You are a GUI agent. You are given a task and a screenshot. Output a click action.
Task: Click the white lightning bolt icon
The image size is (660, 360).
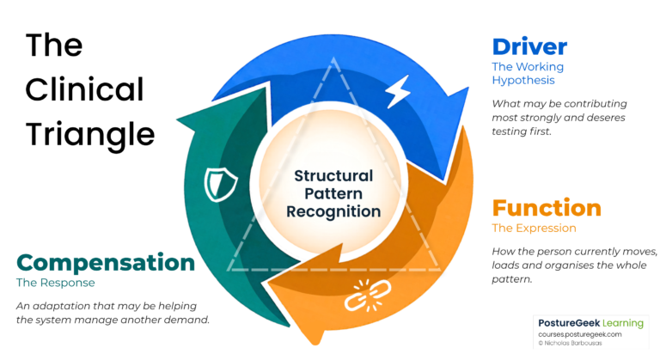[x=397, y=91]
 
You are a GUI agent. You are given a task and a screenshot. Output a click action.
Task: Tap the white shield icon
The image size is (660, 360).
[x=220, y=185]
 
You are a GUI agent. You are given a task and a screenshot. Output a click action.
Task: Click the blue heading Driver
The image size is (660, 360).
[x=529, y=46]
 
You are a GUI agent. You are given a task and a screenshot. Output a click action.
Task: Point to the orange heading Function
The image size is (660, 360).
[x=547, y=208]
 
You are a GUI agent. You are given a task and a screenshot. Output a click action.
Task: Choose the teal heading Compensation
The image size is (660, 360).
[x=106, y=263]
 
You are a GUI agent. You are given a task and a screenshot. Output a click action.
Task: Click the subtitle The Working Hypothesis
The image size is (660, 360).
[x=528, y=73]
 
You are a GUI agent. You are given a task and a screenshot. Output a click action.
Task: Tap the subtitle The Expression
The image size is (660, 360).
[x=535, y=229]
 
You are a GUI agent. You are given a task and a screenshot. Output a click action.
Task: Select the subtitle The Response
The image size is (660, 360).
[x=56, y=283]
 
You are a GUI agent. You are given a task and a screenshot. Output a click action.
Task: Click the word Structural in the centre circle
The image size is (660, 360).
[x=333, y=176]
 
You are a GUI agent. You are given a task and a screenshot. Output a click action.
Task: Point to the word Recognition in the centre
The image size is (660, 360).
[x=333, y=211]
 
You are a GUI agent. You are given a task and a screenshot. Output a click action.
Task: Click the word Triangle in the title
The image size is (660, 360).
[x=90, y=134]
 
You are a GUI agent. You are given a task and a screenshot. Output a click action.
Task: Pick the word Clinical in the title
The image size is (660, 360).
[x=84, y=89]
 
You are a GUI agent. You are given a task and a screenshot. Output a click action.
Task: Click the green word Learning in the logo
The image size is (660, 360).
[x=623, y=323]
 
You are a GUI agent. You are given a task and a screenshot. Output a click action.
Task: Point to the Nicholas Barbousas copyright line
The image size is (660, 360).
[x=570, y=343]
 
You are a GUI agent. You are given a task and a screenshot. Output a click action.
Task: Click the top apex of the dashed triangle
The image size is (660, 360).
[x=333, y=58]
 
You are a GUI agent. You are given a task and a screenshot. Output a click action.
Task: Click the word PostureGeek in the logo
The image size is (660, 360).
[x=569, y=323]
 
